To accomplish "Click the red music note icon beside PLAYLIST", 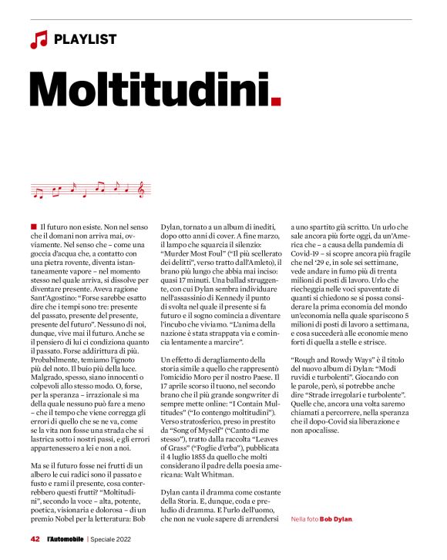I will tap(39, 39).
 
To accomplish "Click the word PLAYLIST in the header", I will tap(86, 39).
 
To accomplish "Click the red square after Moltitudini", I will tap(277, 101).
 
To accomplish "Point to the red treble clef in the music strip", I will tap(140, 187).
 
